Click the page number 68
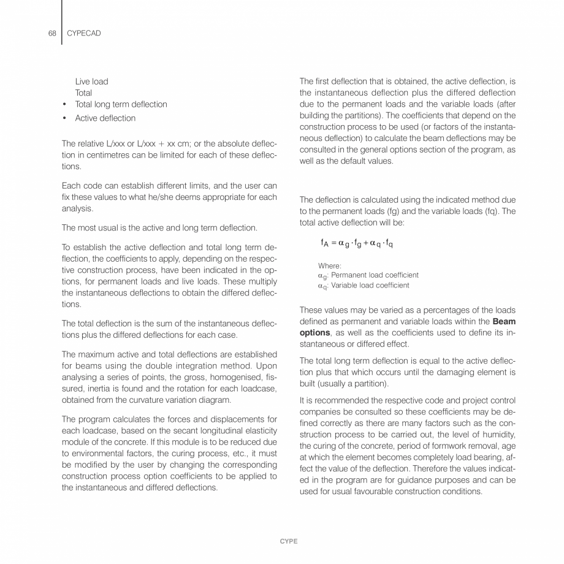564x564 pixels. tap(51, 32)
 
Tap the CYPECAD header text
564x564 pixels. tap(85, 32)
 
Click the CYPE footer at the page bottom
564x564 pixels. tap(289, 542)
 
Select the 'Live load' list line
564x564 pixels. tap(92, 82)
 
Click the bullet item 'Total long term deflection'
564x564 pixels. tap(121, 104)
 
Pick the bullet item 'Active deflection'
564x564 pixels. tap(105, 118)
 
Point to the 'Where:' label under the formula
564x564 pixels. tap(330, 265)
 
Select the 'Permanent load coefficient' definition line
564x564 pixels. tap(368, 275)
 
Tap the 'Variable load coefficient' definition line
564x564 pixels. tap(364, 285)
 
